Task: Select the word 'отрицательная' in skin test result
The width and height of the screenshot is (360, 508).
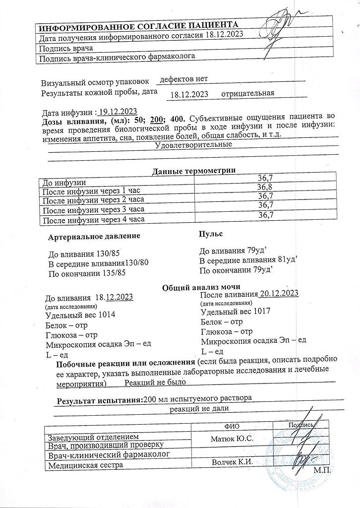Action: (247, 93)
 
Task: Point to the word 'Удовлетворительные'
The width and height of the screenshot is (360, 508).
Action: (194, 145)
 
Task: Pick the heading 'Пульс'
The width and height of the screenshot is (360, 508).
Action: (211, 233)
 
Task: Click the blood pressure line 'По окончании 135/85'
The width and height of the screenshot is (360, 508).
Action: (87, 273)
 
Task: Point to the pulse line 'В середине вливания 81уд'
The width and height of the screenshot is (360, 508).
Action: (248, 260)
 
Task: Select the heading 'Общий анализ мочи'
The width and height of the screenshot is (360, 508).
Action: (202, 287)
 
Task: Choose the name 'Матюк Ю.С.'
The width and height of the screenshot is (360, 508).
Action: (232, 439)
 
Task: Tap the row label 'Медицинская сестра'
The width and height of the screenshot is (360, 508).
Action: (84, 465)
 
